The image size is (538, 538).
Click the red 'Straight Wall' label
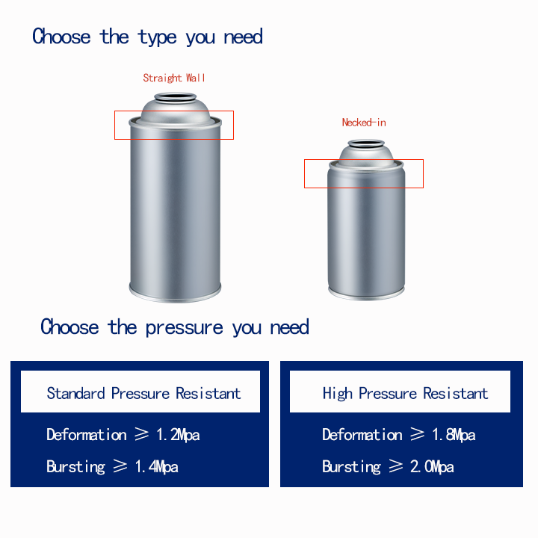pos(174,78)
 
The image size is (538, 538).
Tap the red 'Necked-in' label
pos(364,122)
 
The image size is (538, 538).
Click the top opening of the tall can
pos(176,97)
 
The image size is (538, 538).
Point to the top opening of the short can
pos(366,143)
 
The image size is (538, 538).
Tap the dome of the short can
pos(366,156)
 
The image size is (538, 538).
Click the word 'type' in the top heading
pos(157,38)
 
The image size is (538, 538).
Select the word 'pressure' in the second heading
pos(185,328)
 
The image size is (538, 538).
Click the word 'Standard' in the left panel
pos(75,393)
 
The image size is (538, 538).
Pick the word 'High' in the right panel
pos(337,394)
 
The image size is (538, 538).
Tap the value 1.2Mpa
pos(178,435)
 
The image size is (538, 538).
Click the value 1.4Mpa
pos(156,466)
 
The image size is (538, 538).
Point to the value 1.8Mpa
pos(454,435)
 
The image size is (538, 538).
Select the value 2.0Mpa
pos(432,466)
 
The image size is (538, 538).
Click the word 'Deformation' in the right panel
pos(362,435)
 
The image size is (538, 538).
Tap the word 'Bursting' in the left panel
pos(75,467)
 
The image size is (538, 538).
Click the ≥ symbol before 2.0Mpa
pos(395,466)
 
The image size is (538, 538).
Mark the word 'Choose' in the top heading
pos(61,37)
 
